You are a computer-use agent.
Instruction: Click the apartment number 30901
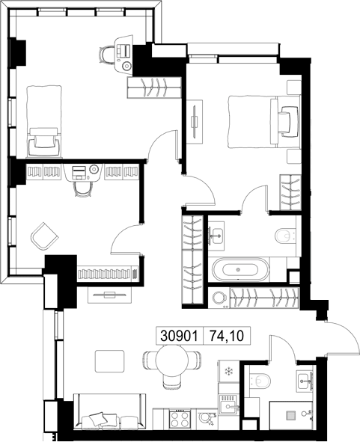[x=179, y=336]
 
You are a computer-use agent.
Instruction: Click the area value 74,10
[x=227, y=336]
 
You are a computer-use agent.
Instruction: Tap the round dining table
[x=172, y=360]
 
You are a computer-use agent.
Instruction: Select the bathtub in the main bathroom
[x=240, y=269]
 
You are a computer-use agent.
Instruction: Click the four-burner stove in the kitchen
[x=180, y=419]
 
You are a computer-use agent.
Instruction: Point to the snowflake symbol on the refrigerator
[x=228, y=371]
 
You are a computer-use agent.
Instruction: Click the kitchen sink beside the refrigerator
[x=229, y=404]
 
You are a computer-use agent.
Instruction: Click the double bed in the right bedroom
[x=264, y=122]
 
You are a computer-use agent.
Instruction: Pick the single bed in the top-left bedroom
[x=44, y=121]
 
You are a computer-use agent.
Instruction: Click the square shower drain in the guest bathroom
[x=290, y=415]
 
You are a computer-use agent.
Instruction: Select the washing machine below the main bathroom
[x=219, y=298]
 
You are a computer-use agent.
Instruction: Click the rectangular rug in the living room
[x=110, y=361]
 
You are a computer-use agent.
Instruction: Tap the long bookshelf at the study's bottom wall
[x=109, y=274]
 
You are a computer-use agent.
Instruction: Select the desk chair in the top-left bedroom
[x=106, y=55]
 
